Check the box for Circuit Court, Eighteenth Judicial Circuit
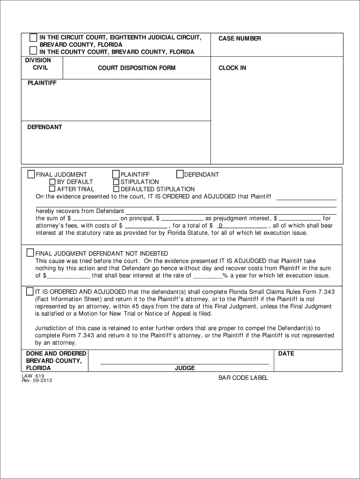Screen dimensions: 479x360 (33, 37)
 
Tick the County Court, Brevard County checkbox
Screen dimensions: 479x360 (33, 51)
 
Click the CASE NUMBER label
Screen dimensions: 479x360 (239, 38)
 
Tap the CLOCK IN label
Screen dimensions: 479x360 (232, 68)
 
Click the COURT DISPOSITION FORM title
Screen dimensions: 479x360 (137, 68)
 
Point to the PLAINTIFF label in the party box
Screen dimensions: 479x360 (42, 83)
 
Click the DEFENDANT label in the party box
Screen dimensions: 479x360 (44, 127)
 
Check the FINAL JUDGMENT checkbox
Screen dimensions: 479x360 (31, 175)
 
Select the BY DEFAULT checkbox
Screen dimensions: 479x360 (53, 182)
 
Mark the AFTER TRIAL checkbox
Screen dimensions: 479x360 (53, 189)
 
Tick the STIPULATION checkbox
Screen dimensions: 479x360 (116, 182)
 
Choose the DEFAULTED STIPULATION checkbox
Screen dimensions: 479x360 (116, 189)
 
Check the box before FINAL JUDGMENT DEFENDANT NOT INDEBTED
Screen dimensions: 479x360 (30, 253)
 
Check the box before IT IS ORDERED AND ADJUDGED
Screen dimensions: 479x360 (30, 291)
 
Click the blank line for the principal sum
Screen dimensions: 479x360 (96, 218)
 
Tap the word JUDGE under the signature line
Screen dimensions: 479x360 (185, 368)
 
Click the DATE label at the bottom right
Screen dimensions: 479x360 (286, 354)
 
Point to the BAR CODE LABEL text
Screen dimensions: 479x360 (243, 377)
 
